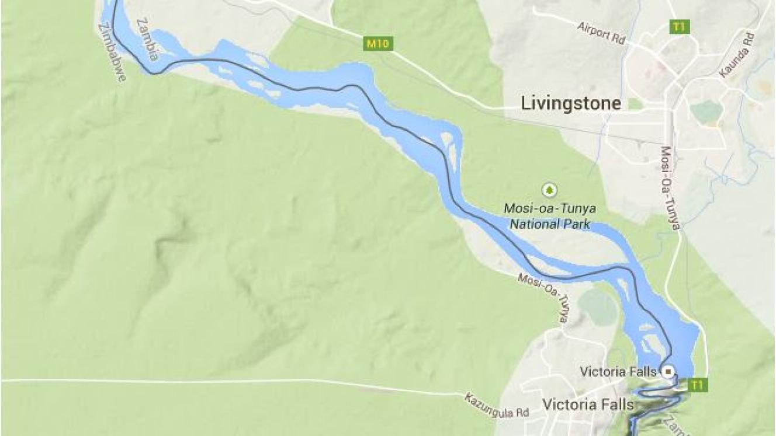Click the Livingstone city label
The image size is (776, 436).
pos(571,104)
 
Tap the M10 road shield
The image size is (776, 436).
pos(378,43)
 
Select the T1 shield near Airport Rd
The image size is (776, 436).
pos(679,26)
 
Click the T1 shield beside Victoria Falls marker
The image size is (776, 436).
pos(696,385)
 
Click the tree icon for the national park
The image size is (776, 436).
pos(549,190)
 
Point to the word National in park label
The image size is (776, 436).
pos(533,224)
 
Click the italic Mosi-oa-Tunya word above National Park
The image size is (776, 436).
pos(549,208)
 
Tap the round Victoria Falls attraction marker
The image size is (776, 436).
pos(668,371)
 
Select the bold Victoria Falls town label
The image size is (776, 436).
pos(587,404)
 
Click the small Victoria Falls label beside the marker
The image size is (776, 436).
pos(609,371)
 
